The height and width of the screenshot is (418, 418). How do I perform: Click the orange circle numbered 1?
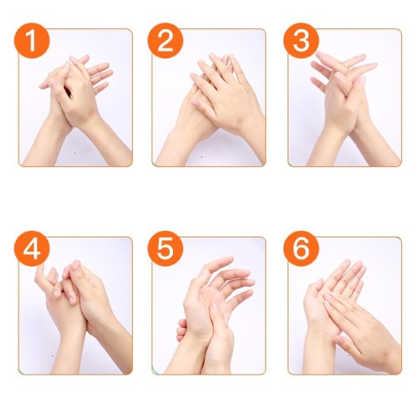[32, 41]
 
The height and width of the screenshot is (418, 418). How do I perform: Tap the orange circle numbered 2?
[166, 41]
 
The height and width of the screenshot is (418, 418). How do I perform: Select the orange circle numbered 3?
[301, 41]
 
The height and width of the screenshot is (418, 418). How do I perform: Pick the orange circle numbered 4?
[32, 248]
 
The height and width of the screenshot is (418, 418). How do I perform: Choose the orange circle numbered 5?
[166, 248]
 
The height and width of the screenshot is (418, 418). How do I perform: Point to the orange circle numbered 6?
[301, 248]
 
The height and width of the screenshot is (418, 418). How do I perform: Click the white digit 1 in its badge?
[32, 41]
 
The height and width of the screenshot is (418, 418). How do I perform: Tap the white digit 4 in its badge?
[32, 248]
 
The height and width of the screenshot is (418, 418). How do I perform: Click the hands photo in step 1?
[75, 98]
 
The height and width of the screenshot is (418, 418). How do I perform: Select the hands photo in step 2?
[209, 98]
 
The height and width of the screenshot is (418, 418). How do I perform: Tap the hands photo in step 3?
[344, 98]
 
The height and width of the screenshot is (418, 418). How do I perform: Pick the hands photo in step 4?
[75, 306]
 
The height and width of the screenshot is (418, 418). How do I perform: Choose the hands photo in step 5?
[209, 306]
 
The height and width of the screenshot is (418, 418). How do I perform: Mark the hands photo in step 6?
[344, 306]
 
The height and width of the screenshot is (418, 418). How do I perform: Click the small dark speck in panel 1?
[75, 152]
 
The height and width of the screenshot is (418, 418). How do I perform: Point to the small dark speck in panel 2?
[202, 157]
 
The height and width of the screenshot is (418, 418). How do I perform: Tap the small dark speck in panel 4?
[53, 355]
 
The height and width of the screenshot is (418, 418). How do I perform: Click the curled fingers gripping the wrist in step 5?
[181, 330]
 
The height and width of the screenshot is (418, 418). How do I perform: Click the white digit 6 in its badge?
[301, 248]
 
